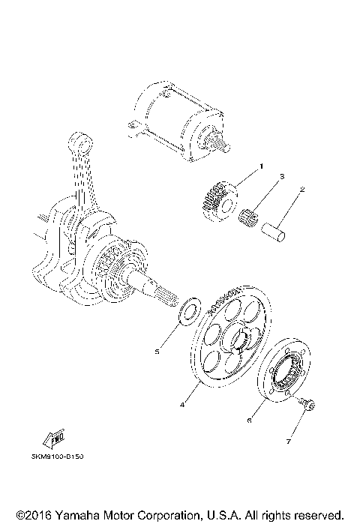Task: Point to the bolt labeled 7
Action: (306, 405)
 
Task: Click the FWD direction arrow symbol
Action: (55, 440)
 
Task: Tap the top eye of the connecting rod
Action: (78, 143)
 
